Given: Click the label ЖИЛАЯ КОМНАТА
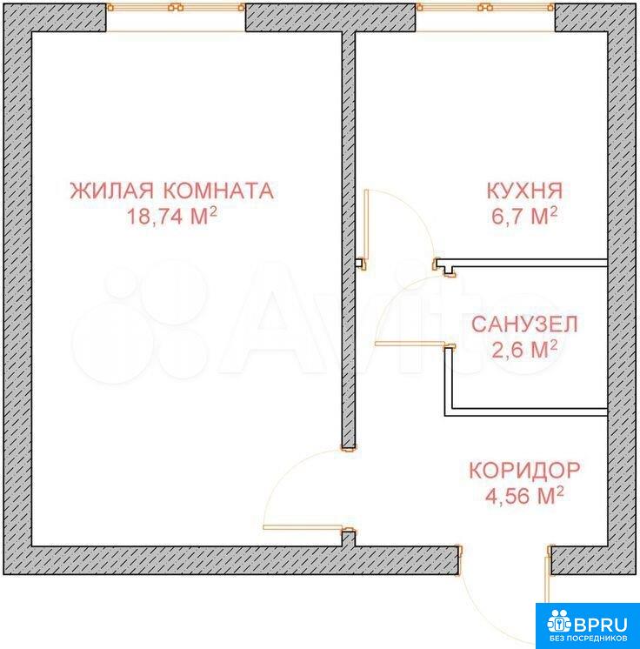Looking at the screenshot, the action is click(x=171, y=191).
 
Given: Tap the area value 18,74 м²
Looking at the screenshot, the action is click(x=171, y=216).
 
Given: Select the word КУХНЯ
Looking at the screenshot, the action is click(x=524, y=191).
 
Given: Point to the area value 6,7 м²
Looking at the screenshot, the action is click(x=524, y=216).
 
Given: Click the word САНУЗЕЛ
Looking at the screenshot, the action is click(x=524, y=324).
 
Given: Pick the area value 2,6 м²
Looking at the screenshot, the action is click(x=524, y=350).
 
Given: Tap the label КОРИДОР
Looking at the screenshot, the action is click(x=524, y=470).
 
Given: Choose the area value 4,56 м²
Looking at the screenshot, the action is click(x=524, y=495).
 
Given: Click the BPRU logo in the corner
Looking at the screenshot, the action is click(x=588, y=626).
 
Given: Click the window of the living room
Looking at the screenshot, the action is click(x=176, y=7).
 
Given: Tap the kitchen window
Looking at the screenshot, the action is click(x=485, y=7).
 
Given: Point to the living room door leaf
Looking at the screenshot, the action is click(x=303, y=527).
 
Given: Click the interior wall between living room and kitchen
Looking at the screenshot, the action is click(x=349, y=240).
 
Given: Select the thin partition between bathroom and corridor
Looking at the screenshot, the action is click(x=526, y=412).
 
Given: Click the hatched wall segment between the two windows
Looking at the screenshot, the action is click(x=330, y=17).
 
